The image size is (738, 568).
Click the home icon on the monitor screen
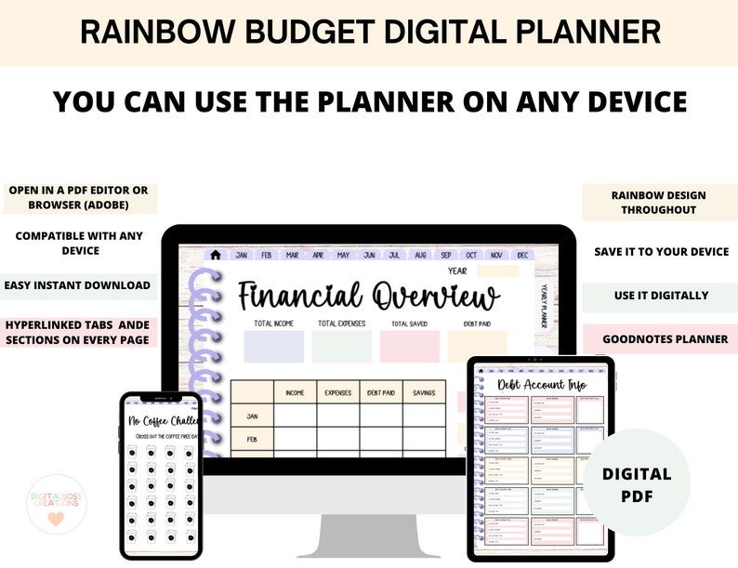click(216, 255)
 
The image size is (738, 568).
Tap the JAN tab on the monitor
click(242, 255)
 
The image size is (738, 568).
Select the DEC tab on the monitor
click(522, 255)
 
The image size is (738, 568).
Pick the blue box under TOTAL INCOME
click(273, 347)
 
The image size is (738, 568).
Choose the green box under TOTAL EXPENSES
click(341, 347)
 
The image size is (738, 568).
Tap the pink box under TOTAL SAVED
click(409, 347)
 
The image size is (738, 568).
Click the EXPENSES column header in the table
click(337, 393)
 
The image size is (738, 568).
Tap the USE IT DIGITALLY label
click(661, 296)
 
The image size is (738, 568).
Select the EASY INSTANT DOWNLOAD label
click(76, 285)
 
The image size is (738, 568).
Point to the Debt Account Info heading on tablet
click(542, 385)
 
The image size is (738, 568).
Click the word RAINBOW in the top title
click(140, 33)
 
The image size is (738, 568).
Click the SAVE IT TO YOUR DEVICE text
click(661, 252)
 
